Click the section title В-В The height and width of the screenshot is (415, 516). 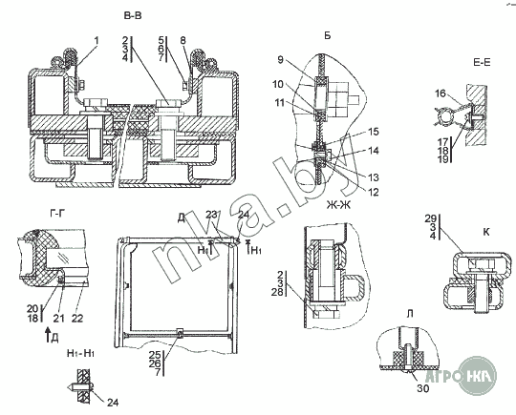pos(133,15)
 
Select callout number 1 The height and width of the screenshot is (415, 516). pos(97,40)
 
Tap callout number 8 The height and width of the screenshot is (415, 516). pos(183,40)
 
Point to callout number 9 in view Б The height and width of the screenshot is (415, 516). pos(280,60)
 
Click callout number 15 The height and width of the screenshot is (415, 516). pos(374,132)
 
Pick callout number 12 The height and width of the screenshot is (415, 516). pos(374,192)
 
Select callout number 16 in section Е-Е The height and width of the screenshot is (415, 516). pos(440,93)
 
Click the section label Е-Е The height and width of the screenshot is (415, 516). pos(482,62)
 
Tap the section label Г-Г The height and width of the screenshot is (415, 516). pos(57,214)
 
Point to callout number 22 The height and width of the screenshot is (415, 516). pos(77,318)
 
